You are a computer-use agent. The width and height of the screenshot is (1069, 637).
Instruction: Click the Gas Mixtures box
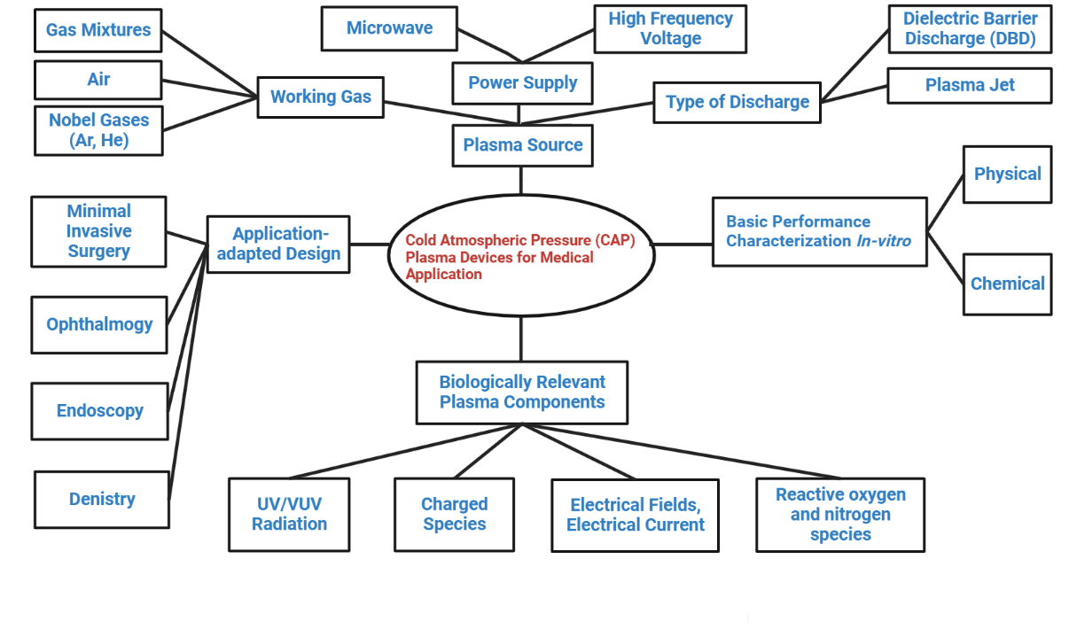(x=98, y=30)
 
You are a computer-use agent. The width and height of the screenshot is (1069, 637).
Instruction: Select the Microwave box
(x=389, y=28)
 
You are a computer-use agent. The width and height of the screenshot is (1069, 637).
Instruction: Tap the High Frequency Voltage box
(x=669, y=28)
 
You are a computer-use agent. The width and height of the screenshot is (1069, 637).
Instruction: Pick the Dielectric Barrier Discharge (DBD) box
(x=970, y=29)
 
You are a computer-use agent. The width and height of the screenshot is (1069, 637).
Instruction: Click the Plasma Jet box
(x=970, y=86)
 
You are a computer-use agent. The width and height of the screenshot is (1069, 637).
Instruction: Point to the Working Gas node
(x=320, y=97)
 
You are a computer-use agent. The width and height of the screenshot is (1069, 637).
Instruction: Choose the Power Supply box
(x=522, y=83)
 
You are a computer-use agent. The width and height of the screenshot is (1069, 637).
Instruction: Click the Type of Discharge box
(x=737, y=102)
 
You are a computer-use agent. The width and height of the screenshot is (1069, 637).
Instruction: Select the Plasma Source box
(x=522, y=145)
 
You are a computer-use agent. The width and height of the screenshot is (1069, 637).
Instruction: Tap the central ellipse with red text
(x=521, y=256)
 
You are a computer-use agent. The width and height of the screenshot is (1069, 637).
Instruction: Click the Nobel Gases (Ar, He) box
(x=98, y=130)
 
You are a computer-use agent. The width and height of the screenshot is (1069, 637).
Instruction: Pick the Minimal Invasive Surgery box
(x=98, y=231)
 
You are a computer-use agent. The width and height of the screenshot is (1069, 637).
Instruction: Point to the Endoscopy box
(x=99, y=411)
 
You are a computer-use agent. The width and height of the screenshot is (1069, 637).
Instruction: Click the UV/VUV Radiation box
(x=289, y=514)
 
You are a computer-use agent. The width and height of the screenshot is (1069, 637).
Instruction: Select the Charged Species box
(x=454, y=514)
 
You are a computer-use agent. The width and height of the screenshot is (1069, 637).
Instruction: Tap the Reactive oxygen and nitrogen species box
(x=839, y=515)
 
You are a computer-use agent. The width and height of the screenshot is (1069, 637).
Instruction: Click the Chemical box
(x=1007, y=284)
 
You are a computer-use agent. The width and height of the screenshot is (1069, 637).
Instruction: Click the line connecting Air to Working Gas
(x=210, y=88)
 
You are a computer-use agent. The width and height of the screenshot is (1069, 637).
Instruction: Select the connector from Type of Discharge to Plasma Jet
(x=854, y=93)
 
